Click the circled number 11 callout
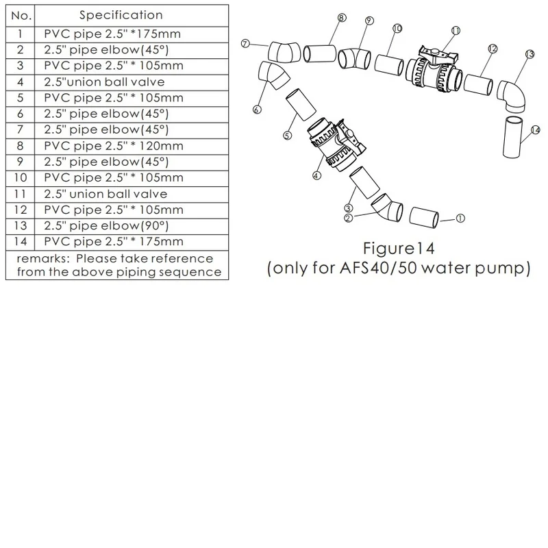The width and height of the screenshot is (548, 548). click(x=456, y=31)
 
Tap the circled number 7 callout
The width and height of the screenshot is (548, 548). click(x=246, y=44)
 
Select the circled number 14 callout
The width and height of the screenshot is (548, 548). click(x=536, y=130)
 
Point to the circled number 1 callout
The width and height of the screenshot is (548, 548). click(x=460, y=219)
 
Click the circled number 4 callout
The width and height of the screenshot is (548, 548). click(x=316, y=175)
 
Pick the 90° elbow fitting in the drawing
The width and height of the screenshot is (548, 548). click(x=512, y=96)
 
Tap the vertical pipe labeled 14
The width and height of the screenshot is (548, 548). click(x=512, y=138)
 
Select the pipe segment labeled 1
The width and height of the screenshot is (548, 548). click(x=424, y=217)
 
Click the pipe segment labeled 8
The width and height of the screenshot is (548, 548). click(x=319, y=54)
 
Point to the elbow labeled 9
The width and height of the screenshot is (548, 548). click(x=355, y=59)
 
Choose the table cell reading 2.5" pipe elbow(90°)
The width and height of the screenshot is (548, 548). click(x=106, y=226)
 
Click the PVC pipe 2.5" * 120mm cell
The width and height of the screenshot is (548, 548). click(x=114, y=146)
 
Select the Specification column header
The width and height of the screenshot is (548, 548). click(x=121, y=15)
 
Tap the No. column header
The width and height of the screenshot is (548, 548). click(x=21, y=16)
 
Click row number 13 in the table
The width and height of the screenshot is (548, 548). click(x=21, y=226)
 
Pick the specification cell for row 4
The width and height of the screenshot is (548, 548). click(x=104, y=82)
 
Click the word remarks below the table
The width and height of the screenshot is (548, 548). click(x=43, y=259)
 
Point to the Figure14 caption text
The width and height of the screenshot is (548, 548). click(x=399, y=249)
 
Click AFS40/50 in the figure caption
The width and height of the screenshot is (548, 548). click(x=378, y=268)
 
